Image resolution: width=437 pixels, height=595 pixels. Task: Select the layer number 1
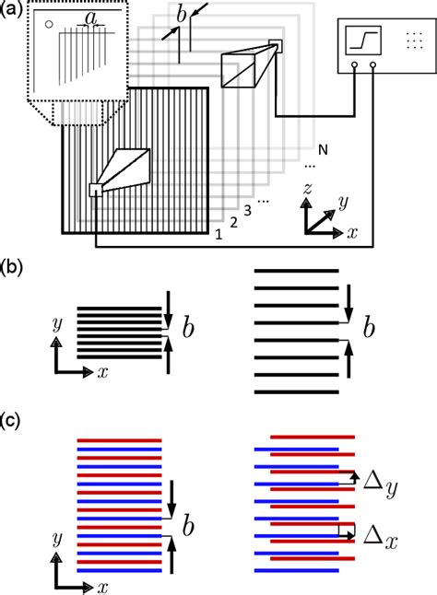[x=218, y=234]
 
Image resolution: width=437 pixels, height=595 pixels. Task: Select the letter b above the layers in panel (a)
[x=182, y=13]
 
